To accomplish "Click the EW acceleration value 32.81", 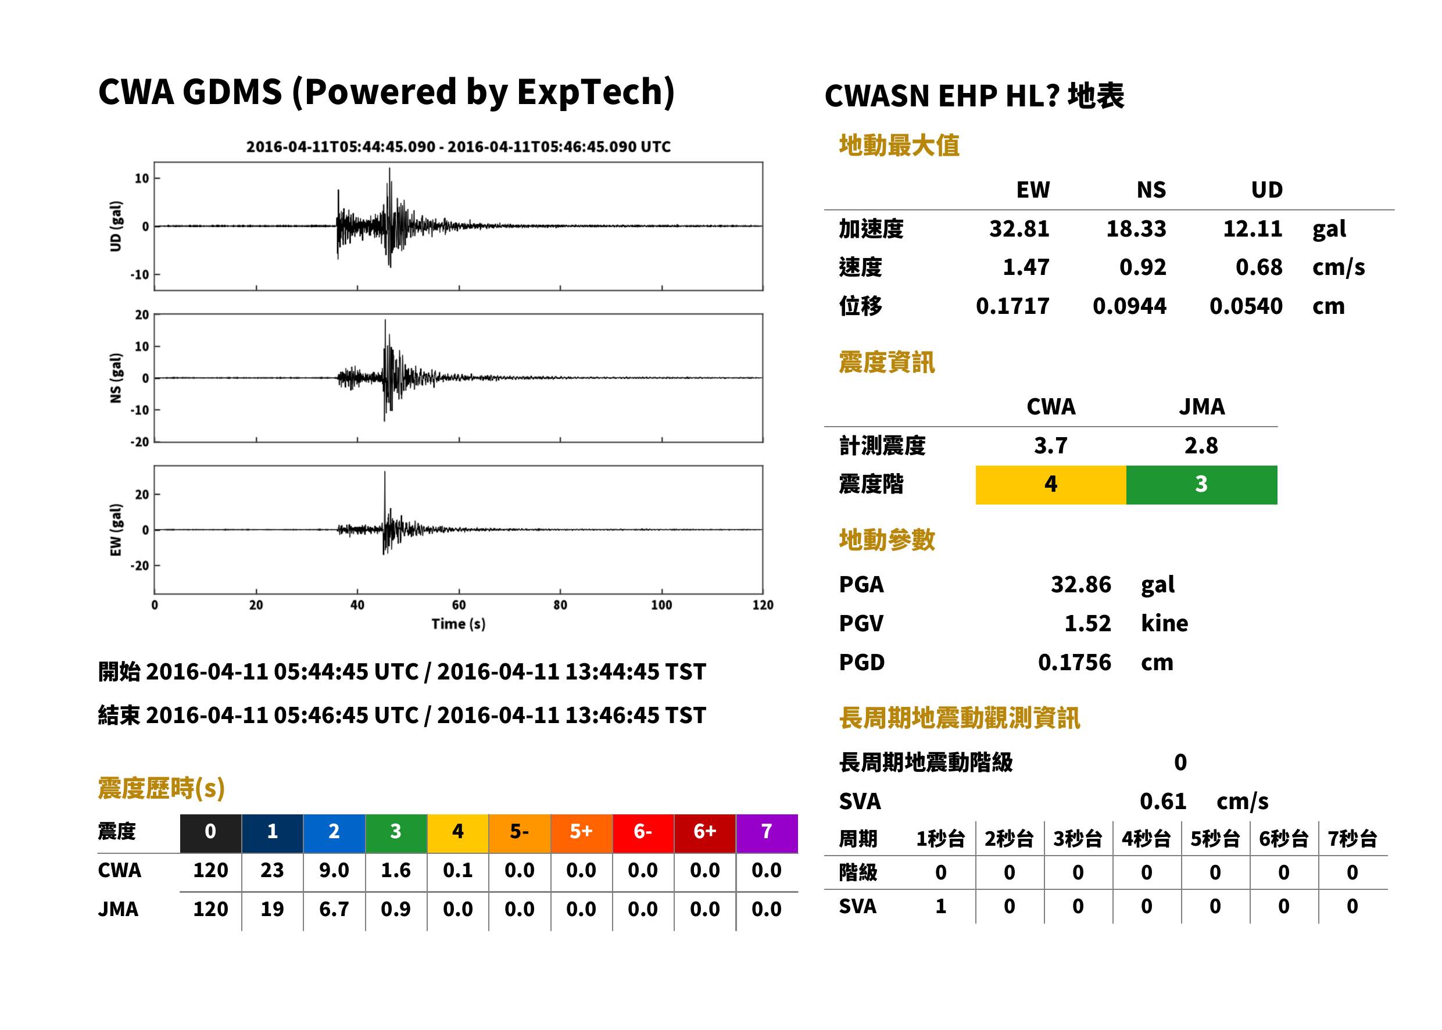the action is [x=1018, y=229].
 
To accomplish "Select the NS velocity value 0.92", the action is [x=1142, y=267].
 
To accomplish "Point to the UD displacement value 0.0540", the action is [x=1246, y=306].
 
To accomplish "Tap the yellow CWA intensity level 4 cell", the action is [x=1050, y=485].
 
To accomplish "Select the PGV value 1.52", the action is [x=1087, y=624].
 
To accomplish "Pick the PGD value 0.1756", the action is [x=1074, y=663].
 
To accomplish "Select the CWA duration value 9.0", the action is [x=334, y=870].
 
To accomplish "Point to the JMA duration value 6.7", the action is [x=334, y=910].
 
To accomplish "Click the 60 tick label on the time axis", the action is [x=459, y=605].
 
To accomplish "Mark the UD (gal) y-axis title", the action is [x=116, y=227].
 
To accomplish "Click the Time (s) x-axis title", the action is [x=459, y=624].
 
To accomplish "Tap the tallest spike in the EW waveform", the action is [x=384, y=472].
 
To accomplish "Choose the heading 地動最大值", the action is [x=899, y=145].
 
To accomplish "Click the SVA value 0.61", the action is [x=1163, y=802].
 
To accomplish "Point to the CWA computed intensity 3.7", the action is [x=1050, y=446].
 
